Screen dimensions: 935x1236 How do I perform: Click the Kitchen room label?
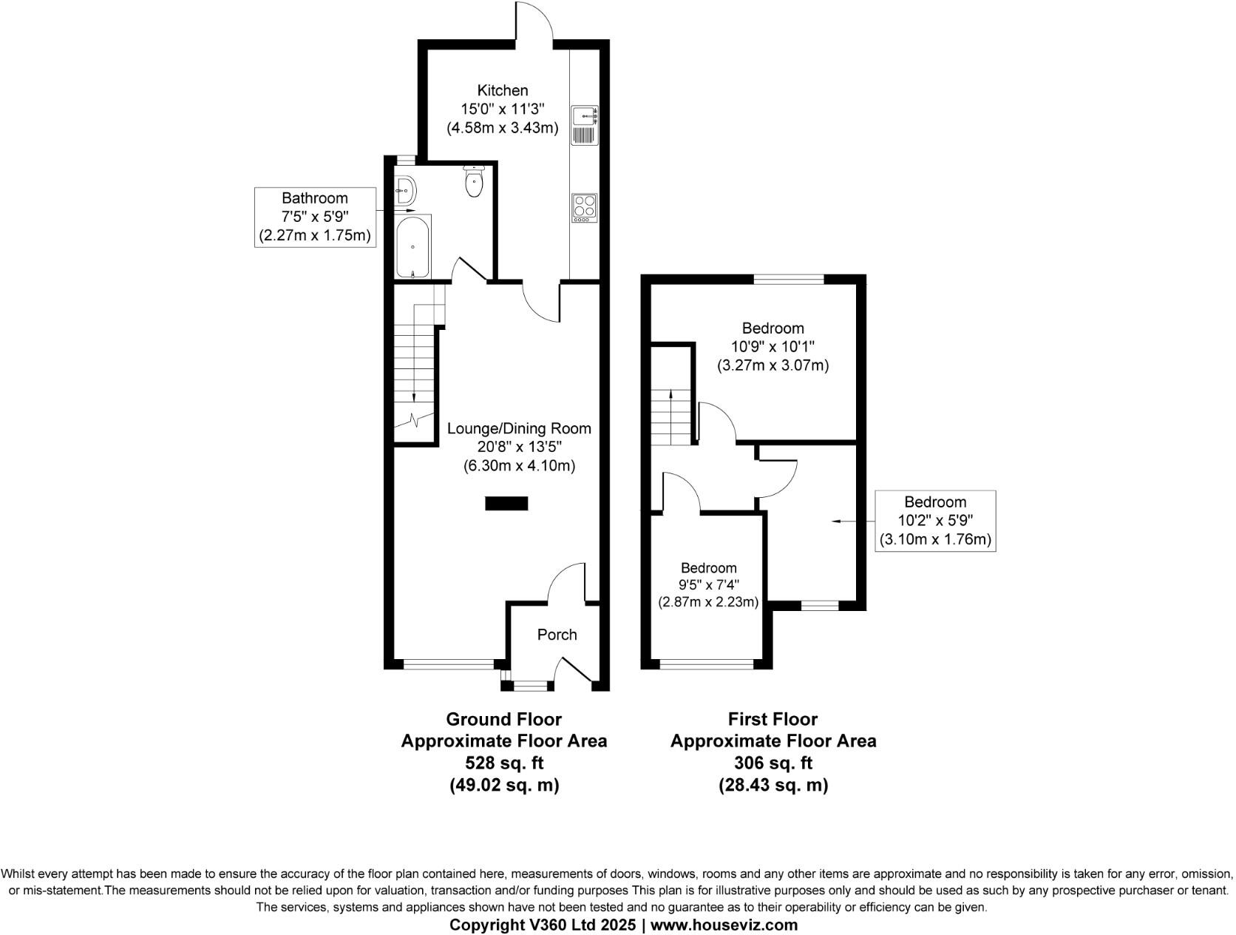pyautogui.click(x=503, y=90)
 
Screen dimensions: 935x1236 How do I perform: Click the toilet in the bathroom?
pyautogui.click(x=473, y=181)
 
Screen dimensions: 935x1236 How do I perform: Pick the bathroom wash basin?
pyautogui.click(x=405, y=190)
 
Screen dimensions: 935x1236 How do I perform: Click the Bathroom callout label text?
pyautogui.click(x=314, y=198)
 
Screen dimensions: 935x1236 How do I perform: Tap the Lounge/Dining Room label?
pyautogui.click(x=519, y=428)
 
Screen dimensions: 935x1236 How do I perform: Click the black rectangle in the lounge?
pyautogui.click(x=506, y=504)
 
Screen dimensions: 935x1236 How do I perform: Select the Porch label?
pyautogui.click(x=557, y=635)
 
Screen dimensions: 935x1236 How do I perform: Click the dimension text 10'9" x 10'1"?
pyautogui.click(x=772, y=347)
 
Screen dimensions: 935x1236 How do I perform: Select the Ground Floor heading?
pyautogui.click(x=503, y=719)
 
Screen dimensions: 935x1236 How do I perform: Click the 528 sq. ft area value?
pyautogui.click(x=503, y=763)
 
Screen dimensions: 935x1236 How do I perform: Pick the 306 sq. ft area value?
pyautogui.click(x=773, y=763)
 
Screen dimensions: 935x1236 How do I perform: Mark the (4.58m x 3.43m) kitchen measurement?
pyautogui.click(x=503, y=128)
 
